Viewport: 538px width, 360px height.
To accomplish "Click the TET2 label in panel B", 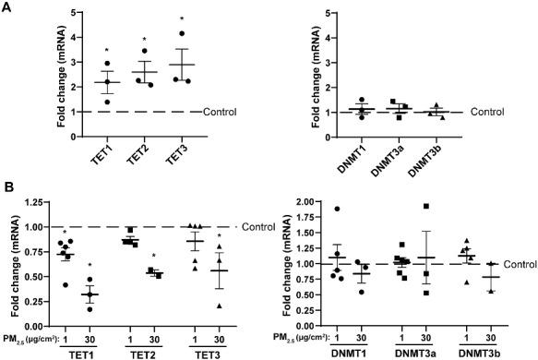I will coord(141,353).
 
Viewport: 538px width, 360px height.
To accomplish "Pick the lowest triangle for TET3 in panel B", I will coord(220,306).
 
